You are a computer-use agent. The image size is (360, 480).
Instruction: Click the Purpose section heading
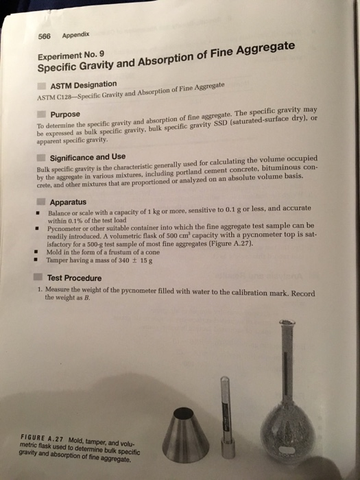pyautogui.click(x=65, y=114)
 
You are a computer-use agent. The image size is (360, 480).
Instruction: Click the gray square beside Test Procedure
pyautogui.click(x=40, y=278)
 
